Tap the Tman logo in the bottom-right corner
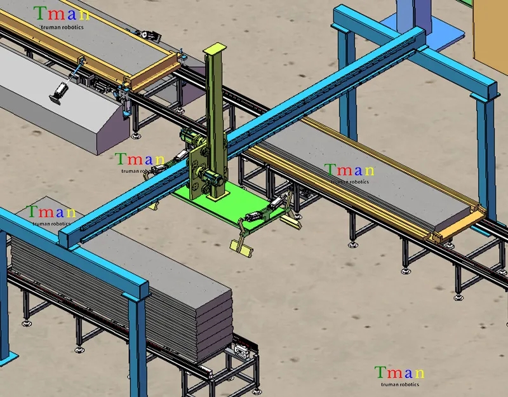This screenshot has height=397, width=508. (x=399, y=373)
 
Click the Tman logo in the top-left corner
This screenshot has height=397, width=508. (x=61, y=13)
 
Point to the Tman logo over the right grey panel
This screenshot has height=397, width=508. (x=350, y=170)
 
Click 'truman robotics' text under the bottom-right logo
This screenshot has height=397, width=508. (x=400, y=384)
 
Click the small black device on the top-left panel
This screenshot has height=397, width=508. (x=147, y=36)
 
